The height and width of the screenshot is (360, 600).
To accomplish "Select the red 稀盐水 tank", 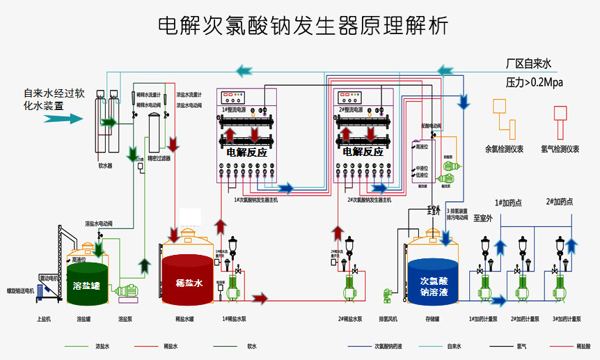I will (x=188, y=279).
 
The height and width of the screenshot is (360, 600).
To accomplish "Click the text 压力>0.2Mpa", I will (x=534, y=83).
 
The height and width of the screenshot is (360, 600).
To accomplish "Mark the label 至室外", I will (x=482, y=218).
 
